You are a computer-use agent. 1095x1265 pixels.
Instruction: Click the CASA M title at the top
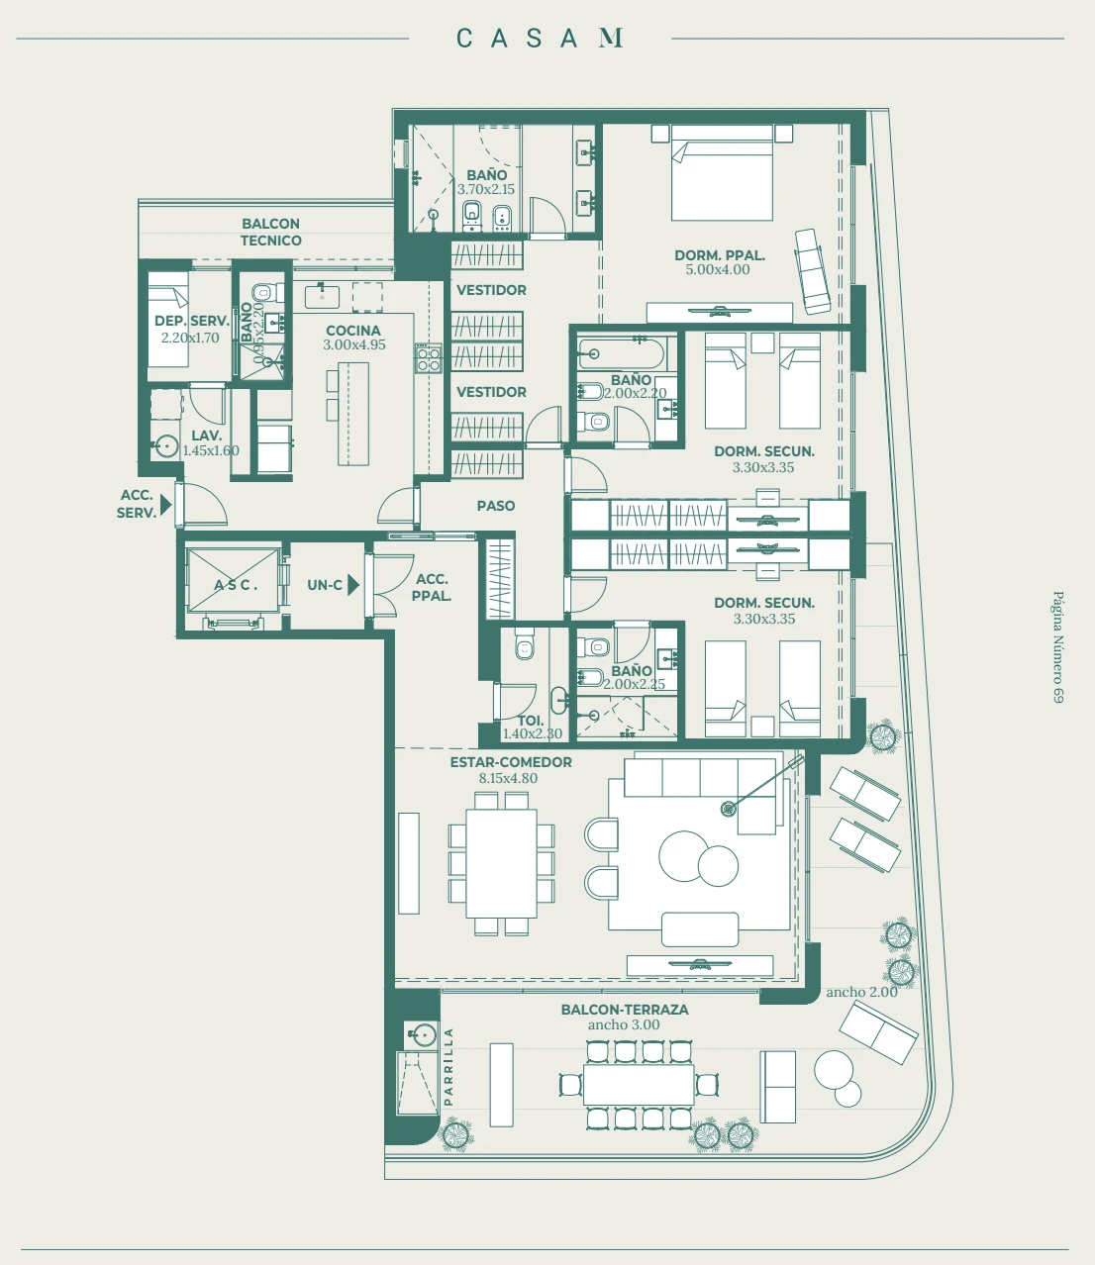coord(540,38)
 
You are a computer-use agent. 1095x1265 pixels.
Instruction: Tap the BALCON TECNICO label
coord(270,232)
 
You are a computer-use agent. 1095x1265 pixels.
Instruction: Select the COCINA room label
coord(353,331)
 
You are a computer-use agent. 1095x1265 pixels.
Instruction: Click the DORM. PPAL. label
coord(719,255)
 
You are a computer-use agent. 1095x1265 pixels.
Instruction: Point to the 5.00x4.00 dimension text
coord(718,270)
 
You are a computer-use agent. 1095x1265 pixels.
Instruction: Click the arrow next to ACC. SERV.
coord(166,504)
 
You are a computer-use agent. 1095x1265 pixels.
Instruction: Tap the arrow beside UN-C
coord(353,584)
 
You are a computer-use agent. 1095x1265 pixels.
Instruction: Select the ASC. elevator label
coord(236,585)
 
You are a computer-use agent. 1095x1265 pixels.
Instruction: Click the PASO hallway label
coord(496,506)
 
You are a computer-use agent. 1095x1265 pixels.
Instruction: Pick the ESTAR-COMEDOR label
coord(511,762)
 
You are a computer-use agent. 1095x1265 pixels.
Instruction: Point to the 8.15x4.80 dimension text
coord(508,778)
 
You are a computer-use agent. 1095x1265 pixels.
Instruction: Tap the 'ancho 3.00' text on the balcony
coord(624,1024)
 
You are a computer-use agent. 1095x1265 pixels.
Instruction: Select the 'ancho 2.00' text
coord(861,992)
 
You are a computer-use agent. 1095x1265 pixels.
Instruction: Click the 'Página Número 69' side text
coord(1058,647)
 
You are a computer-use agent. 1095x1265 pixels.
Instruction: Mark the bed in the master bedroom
coord(722,172)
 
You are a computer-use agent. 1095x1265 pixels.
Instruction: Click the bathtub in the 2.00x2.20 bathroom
coord(620,353)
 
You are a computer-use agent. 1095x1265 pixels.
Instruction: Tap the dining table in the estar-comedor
coord(501,863)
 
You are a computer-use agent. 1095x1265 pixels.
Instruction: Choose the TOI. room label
coord(531,721)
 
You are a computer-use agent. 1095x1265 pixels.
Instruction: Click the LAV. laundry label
coord(206,436)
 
